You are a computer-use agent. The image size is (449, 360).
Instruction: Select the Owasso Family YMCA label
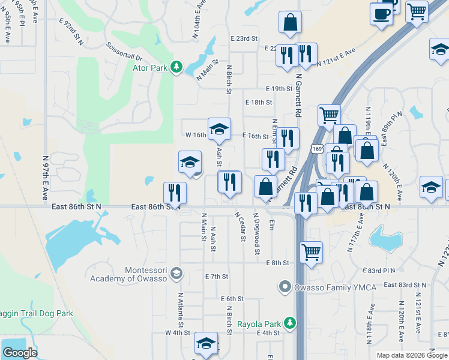coord(334,287)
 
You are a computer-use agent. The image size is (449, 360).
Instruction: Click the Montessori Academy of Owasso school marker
coord(176,274)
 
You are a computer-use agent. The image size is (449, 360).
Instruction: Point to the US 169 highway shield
coord(316,148)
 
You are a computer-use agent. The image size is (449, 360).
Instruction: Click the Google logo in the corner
coord(20,352)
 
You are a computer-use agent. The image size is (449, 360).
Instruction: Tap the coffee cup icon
coord(381,13)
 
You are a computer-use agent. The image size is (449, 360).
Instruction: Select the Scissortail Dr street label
coord(122,51)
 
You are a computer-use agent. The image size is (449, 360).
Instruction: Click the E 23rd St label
coord(244,38)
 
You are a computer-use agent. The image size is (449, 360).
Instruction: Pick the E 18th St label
coord(259,103)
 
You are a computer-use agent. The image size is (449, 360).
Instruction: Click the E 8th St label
coord(278,263)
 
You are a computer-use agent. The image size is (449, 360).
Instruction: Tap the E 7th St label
coord(217,277)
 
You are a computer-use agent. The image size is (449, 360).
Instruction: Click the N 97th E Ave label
coord(45,178)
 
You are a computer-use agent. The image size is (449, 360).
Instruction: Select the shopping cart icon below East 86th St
coord(311,253)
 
